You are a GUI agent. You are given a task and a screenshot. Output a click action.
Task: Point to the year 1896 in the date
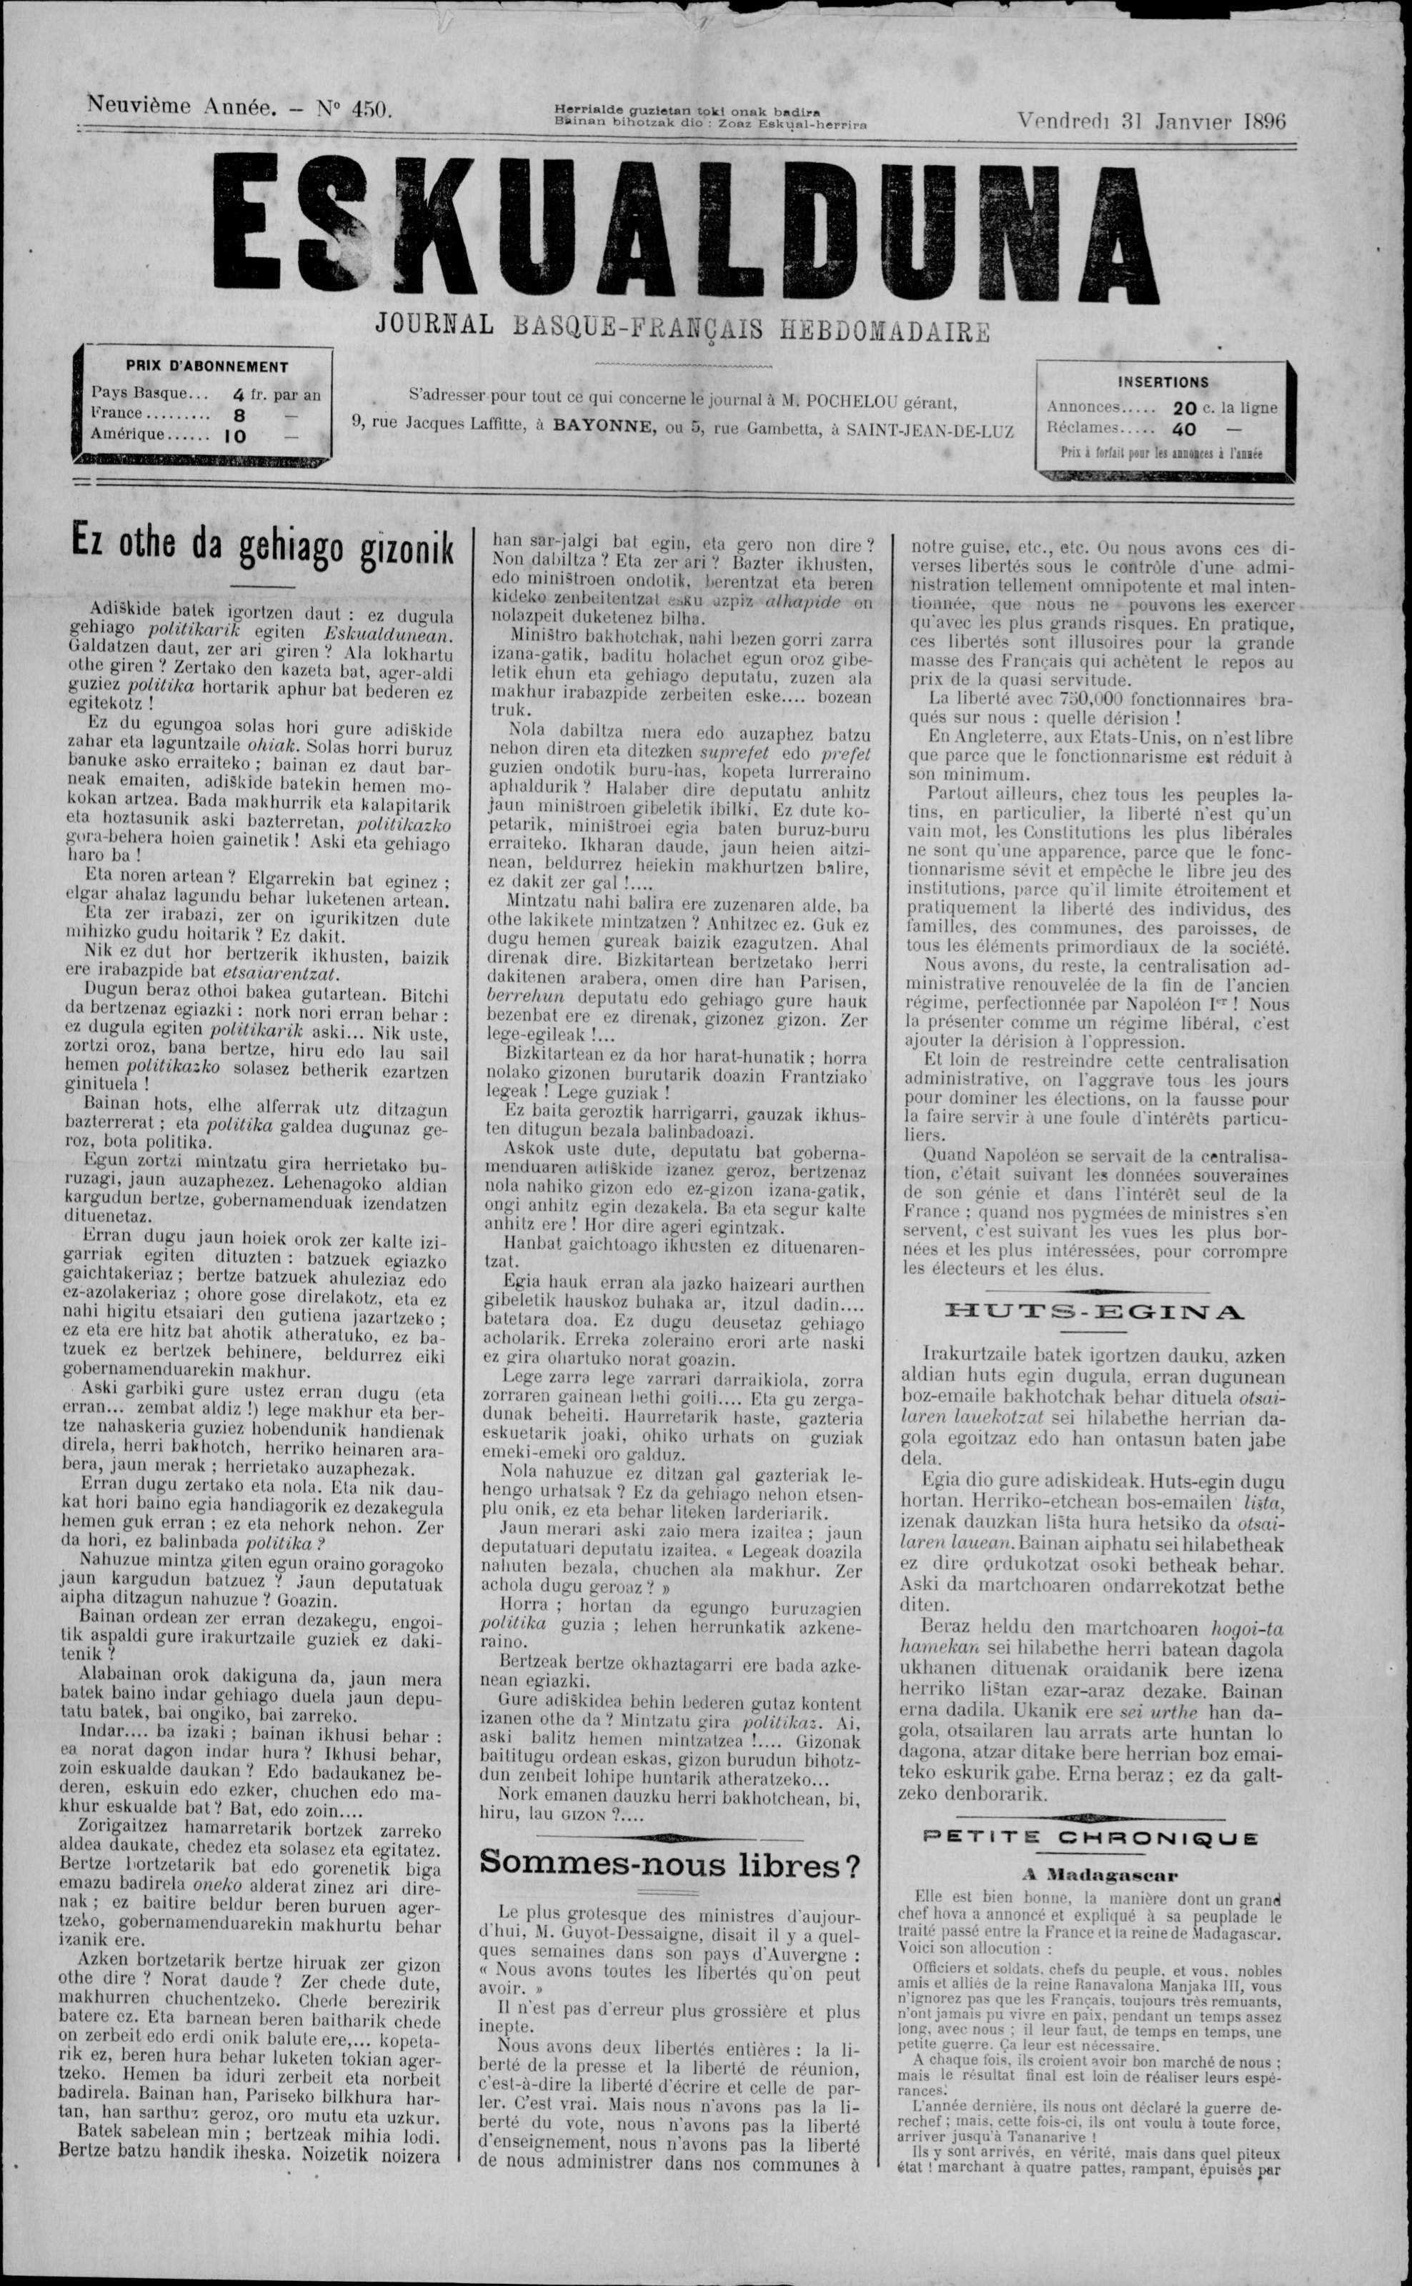click(x=1266, y=121)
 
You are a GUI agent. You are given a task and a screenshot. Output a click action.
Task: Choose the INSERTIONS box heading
click(x=1163, y=382)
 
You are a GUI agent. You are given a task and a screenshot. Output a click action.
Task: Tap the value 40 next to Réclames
click(x=1185, y=429)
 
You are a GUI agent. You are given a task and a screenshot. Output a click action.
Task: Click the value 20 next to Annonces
click(x=1185, y=407)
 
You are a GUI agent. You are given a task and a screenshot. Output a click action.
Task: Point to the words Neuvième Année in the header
click(x=182, y=106)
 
